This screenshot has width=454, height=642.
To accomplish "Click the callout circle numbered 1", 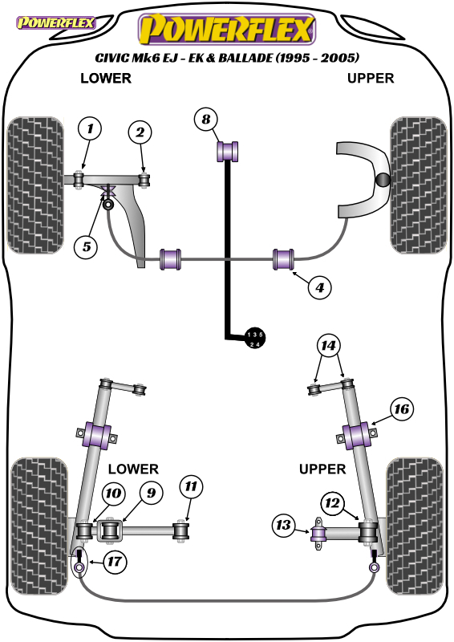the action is pos(90,129).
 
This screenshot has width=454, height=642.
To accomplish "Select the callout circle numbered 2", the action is pos(140,132).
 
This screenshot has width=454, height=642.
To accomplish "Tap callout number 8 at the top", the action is pos(205,119).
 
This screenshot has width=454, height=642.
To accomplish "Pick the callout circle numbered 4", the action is pos(319,287).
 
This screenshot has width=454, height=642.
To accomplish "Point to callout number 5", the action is pos(87,247).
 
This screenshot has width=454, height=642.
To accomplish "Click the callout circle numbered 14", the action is pos(328,346).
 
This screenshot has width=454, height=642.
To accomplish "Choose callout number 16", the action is pos(401,409).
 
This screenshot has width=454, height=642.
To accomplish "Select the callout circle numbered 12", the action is pos(332,503).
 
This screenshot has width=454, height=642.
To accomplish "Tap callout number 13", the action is pos(284,526).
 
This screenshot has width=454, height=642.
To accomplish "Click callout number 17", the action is pos(114,561).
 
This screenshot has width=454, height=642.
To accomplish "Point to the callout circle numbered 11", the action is pos(191,486).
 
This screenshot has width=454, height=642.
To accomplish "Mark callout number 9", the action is pos(151,493).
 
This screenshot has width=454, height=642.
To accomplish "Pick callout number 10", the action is pos(113,494).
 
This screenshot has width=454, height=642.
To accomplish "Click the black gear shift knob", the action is pos(254,339).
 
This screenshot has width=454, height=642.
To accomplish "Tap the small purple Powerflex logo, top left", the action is pos(55,22).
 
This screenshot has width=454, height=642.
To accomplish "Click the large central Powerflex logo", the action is pos(227,29).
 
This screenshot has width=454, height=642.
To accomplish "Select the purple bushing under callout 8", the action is pos(227,151).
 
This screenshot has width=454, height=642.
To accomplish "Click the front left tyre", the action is pos(35,185).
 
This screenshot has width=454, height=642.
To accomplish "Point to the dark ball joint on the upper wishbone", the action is pos(383,179).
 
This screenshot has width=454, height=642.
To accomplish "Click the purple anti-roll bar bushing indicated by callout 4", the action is pos(284,259).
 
